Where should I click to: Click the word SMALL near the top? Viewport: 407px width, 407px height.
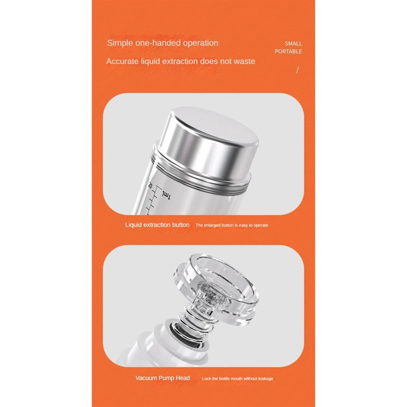[293, 44]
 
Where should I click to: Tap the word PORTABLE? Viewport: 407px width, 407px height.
[288, 52]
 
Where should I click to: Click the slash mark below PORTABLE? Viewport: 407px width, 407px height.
[298, 70]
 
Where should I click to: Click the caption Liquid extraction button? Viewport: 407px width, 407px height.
[157, 225]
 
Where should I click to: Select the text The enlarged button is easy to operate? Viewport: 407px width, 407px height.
[231, 225]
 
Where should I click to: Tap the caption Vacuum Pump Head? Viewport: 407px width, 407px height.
[163, 378]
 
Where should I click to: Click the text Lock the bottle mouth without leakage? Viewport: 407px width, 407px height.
[238, 379]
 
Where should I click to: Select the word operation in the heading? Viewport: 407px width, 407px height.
[199, 43]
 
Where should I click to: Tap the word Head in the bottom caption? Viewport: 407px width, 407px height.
[182, 378]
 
